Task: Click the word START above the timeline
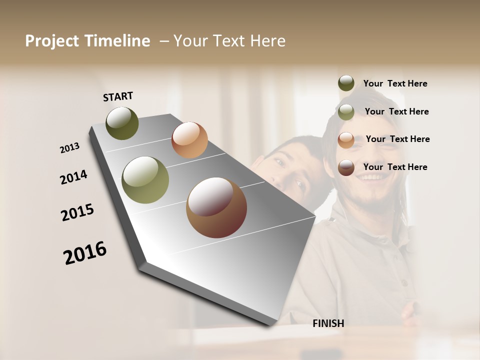(x=118, y=96)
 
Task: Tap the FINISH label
(x=328, y=323)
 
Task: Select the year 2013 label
(x=69, y=148)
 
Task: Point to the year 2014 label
(x=73, y=177)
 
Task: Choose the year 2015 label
(x=77, y=212)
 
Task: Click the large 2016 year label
(x=85, y=253)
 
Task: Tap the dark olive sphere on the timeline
(x=122, y=123)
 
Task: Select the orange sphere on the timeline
(x=189, y=139)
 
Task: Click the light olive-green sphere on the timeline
(x=145, y=180)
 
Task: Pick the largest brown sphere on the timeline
(x=216, y=207)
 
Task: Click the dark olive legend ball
(x=346, y=83)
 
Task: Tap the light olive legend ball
(x=346, y=111)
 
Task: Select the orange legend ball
(x=346, y=139)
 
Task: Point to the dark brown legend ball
(x=346, y=167)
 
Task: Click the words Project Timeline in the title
(x=87, y=41)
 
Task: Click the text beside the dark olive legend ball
(x=395, y=83)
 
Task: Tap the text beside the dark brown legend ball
(x=395, y=167)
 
